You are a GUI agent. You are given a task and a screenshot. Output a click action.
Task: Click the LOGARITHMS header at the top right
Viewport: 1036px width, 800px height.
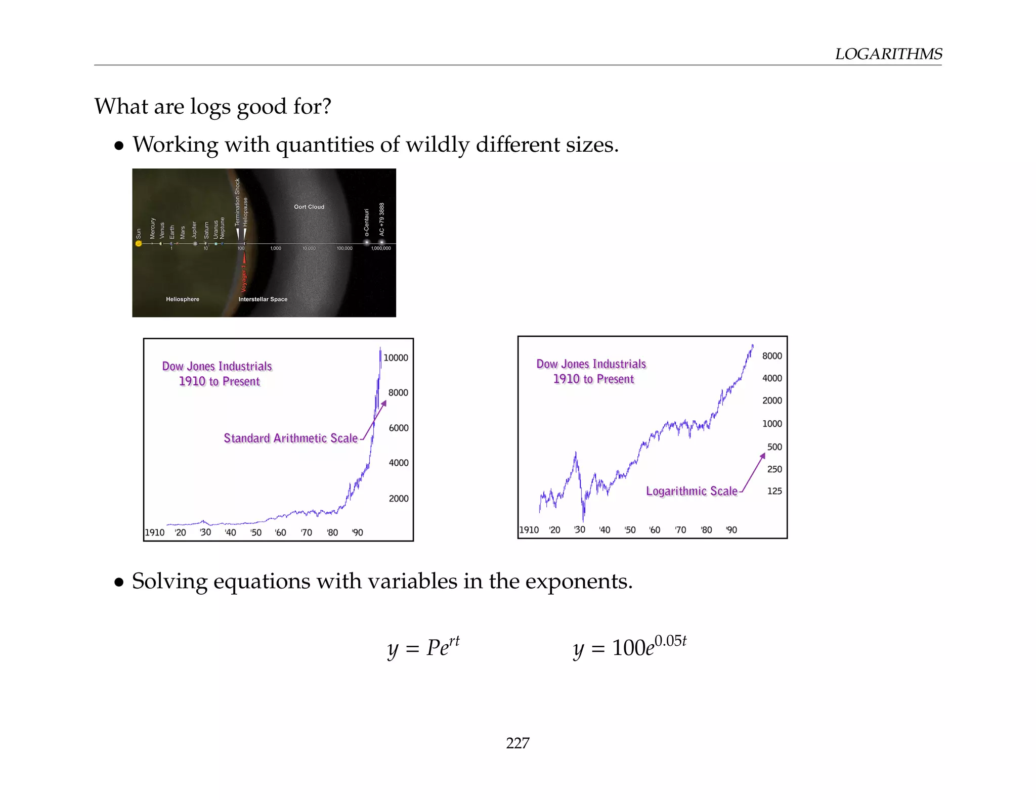point(888,54)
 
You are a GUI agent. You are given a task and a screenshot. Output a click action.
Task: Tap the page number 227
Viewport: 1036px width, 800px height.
point(517,742)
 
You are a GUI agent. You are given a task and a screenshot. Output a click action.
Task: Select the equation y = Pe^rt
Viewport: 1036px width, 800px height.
point(423,647)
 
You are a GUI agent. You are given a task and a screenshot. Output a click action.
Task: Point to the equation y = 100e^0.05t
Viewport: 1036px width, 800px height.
point(629,647)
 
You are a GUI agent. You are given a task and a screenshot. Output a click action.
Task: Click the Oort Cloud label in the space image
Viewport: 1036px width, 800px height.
point(309,207)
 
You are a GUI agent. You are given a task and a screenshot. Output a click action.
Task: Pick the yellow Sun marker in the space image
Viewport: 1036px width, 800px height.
point(139,244)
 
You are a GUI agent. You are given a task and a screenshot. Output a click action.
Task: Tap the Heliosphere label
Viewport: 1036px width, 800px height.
point(183,299)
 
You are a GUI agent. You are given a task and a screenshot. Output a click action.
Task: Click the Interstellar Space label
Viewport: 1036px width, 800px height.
point(263,299)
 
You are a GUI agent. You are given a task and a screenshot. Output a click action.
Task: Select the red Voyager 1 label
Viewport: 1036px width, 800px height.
point(244,279)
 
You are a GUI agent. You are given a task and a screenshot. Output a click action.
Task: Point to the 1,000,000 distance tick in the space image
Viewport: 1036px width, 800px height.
point(381,248)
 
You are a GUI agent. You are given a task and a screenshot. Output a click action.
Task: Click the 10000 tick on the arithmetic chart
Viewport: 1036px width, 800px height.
point(396,358)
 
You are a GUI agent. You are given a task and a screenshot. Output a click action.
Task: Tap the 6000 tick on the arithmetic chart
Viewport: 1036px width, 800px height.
point(399,428)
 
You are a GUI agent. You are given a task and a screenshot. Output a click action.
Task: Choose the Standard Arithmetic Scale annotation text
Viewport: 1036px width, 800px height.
point(290,438)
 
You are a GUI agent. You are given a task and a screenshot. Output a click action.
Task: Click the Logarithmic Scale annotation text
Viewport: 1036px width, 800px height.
point(692,491)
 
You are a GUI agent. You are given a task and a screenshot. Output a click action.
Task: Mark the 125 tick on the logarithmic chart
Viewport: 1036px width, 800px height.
point(774,491)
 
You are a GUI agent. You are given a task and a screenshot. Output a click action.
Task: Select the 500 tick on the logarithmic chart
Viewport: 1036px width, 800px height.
point(774,447)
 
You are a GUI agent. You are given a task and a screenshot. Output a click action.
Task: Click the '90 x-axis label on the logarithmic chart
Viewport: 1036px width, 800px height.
point(731,530)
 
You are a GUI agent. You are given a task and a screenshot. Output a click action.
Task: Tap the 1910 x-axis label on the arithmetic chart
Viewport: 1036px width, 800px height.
point(155,532)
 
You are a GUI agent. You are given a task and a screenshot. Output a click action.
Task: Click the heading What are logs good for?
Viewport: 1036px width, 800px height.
point(212,107)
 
